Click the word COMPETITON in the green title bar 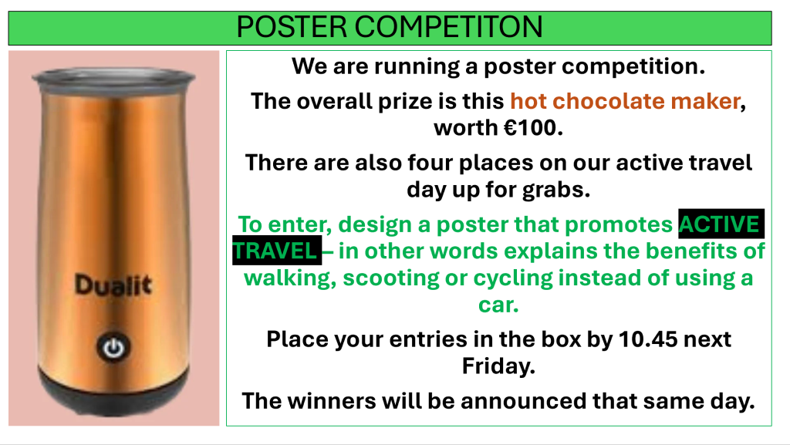448,27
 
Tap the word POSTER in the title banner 292,27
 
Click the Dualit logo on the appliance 113,285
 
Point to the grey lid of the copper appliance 113,76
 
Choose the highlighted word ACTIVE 721,224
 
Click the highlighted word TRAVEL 276,251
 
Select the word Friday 498,366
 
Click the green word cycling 513,278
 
